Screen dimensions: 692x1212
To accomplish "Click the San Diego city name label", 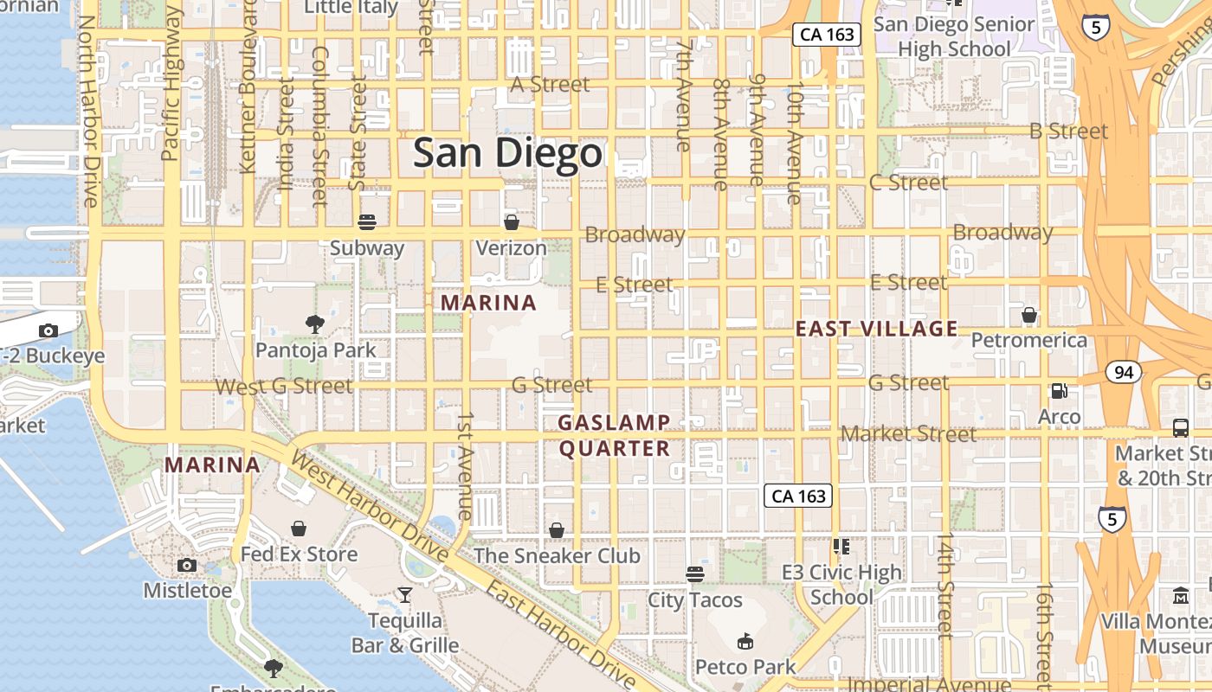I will point(506,154).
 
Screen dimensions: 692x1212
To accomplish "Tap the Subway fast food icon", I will point(367,222).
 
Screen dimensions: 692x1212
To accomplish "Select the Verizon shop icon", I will point(512,222).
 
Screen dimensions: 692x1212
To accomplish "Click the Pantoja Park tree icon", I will point(315,324).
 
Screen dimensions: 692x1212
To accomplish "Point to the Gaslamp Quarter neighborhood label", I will point(614,435).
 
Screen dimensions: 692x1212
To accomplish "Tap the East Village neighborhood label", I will point(876,329).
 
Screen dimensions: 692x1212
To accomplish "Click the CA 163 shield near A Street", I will point(827,35).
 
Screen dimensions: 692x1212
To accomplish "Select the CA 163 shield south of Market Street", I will point(798,496).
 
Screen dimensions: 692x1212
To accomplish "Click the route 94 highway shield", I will point(1124,373).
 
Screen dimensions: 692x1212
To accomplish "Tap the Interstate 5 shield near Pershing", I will point(1096,28).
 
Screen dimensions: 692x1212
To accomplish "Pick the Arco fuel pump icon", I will point(1059,391).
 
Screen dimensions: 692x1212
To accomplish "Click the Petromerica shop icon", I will point(1029,315).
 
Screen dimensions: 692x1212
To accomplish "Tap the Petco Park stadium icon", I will point(745,642).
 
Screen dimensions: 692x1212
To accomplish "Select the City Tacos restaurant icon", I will point(694,573).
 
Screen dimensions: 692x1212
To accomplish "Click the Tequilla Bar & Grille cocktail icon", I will point(404,595).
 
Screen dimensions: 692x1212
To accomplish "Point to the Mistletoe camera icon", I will point(187,566).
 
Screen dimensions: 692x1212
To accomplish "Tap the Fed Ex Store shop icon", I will point(299,528).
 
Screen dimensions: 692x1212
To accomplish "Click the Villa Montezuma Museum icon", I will point(1181,595).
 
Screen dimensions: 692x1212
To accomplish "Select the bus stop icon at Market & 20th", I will point(1180,427).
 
